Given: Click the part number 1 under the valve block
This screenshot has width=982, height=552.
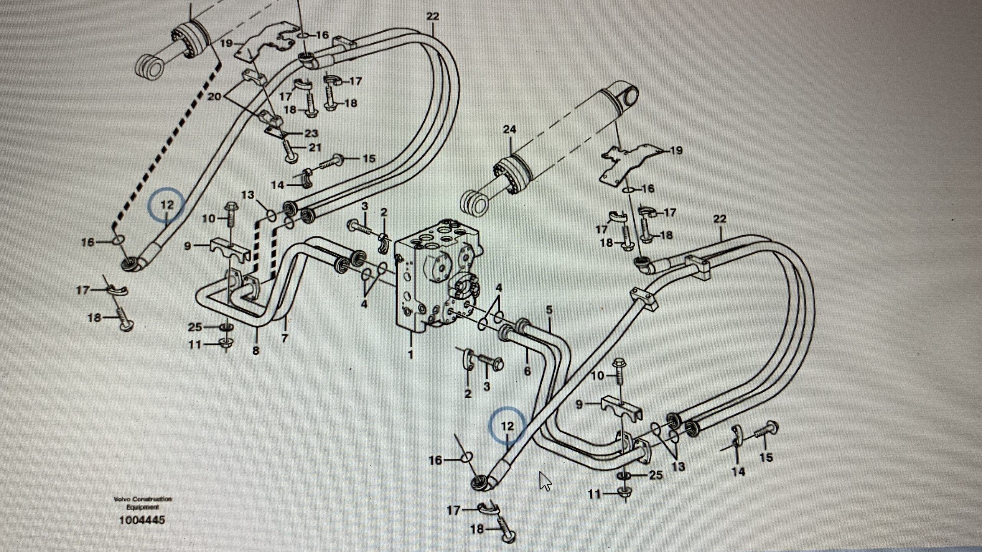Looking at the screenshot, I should pos(410,355).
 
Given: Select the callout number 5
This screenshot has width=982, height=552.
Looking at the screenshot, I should pos(549,310).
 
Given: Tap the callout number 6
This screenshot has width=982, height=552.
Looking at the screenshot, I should pos(527,371).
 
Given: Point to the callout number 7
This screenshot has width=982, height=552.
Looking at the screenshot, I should pos(285,338).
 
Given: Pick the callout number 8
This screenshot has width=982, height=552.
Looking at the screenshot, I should pos(256,350).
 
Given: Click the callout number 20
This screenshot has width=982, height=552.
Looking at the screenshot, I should pos(214,97).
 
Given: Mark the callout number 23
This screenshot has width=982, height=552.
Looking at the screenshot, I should pos(311,133).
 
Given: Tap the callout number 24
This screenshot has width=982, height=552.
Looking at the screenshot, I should pos(510,130).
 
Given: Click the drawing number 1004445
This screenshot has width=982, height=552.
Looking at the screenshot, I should pos(142,520).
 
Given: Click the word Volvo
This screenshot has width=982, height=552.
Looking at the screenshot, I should pos(122,499).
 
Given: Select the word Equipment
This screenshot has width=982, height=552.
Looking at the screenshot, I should pos(142,507).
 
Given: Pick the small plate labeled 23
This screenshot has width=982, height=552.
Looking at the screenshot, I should pos(274,131).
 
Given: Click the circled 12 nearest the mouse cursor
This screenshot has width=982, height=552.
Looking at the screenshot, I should pos(507,426).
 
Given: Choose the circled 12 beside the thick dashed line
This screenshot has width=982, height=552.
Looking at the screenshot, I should pos(167,205).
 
